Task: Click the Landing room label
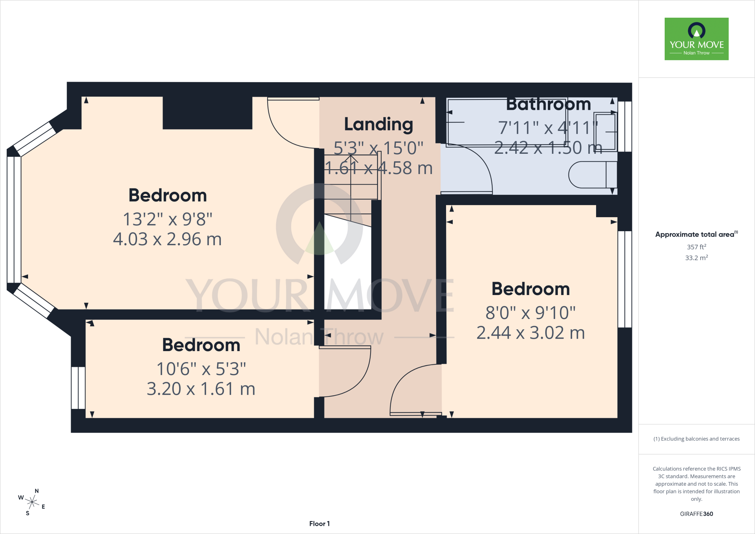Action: point(379,125)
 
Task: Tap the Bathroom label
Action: point(549,104)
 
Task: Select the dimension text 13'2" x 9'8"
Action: point(167,219)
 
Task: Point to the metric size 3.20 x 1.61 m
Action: point(201,389)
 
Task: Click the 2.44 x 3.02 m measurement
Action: point(530,333)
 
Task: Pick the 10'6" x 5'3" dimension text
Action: point(201,369)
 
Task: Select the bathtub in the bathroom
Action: point(506,122)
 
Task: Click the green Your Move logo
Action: point(696,39)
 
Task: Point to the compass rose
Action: point(32,502)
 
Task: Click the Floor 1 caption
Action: point(320,524)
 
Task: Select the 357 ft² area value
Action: point(696,247)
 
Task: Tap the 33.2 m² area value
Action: point(696,257)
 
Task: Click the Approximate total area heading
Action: point(696,234)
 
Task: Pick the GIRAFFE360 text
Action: point(696,514)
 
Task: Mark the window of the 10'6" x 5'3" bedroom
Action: point(78,388)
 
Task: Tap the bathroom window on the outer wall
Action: point(624,126)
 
